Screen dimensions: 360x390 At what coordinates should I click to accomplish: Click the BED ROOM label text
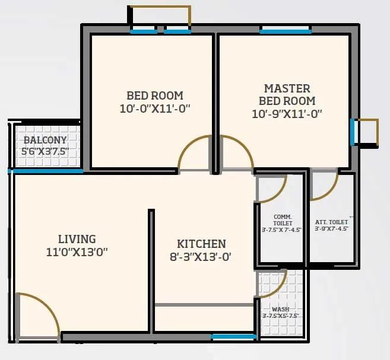(155, 95)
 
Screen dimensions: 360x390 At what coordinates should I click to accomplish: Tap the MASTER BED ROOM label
(289, 94)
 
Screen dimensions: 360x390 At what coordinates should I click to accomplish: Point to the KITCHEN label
(201, 244)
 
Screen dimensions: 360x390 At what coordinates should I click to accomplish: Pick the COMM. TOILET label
(282, 219)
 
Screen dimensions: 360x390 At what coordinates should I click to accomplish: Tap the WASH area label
(280, 309)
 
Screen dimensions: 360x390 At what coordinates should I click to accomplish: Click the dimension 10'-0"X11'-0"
(155, 109)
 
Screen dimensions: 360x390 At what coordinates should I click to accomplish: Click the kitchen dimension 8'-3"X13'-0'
(201, 257)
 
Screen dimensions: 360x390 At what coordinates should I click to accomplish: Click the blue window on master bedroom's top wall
(285, 31)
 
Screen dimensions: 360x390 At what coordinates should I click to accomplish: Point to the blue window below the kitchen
(234, 337)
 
